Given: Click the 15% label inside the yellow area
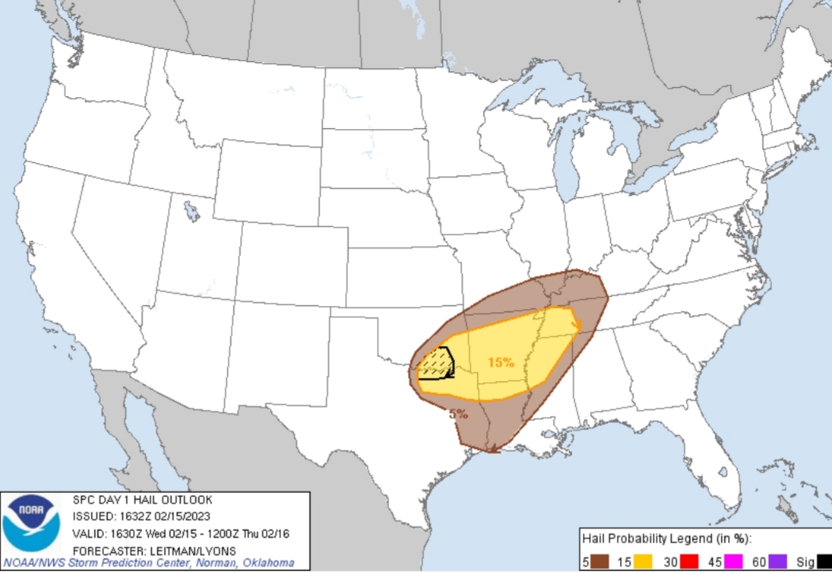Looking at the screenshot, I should (501, 362).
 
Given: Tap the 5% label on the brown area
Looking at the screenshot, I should (458, 414).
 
